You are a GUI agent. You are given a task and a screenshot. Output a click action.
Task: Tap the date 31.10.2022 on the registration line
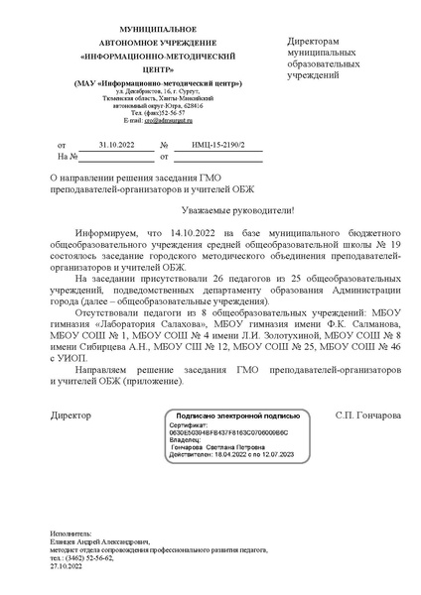coord(116,144)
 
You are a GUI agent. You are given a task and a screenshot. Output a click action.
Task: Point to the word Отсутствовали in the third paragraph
coord(106,311)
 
